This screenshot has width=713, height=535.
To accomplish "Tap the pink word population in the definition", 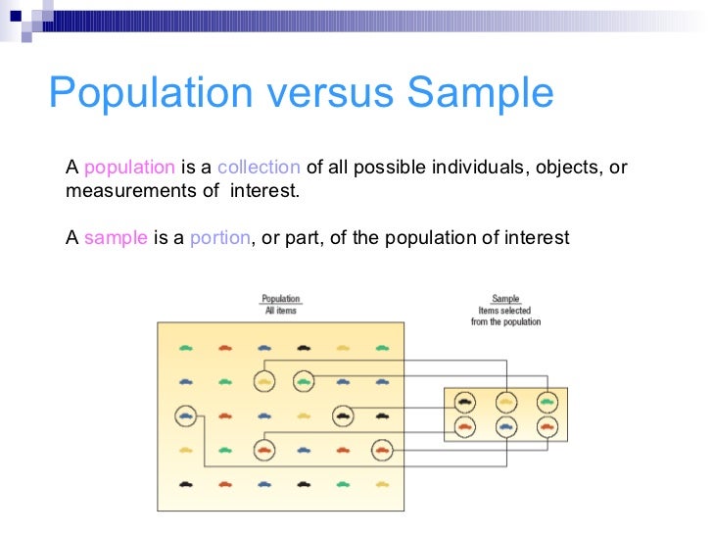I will pos(130,167).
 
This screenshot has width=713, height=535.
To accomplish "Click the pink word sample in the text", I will pos(116,238).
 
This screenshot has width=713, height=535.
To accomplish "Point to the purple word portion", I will pos(220,238).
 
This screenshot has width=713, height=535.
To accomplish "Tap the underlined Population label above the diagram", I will pos(280,299).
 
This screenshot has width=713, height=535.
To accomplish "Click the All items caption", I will pos(280,311).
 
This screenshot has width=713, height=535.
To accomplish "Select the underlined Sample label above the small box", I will pos(505,299).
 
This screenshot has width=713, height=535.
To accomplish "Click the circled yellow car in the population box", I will pos(264,382).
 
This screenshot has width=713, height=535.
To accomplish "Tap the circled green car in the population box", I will pos(304,382).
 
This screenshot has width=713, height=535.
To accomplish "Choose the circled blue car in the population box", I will pos(186,416).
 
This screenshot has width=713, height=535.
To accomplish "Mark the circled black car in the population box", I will pos(342,416).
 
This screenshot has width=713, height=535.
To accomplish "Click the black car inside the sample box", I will pos(465,401).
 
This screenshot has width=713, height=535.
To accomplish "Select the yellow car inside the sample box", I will pos(505,401).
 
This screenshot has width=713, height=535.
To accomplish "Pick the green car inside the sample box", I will pos(547,401).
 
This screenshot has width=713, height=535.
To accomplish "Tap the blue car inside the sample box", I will pos(505,426).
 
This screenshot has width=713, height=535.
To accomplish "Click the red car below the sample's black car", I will pos(465,426).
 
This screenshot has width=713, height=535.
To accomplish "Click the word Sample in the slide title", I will pos(481,93).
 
